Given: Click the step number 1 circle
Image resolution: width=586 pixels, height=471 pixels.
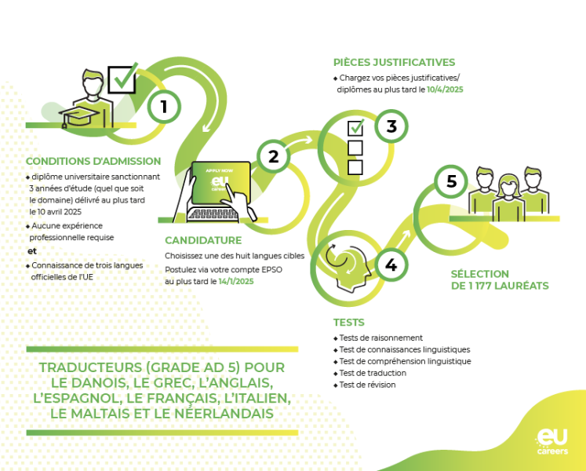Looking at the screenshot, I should (x=164, y=107).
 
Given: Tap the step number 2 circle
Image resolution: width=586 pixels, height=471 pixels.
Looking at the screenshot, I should (x=273, y=156).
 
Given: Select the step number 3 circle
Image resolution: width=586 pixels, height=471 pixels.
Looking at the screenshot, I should (x=391, y=126).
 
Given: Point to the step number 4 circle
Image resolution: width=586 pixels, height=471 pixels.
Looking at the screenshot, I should (x=391, y=266).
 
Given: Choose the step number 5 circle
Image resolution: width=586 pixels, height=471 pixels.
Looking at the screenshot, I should (x=451, y=182).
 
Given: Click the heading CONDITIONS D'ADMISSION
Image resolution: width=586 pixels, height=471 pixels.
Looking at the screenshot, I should (x=93, y=162).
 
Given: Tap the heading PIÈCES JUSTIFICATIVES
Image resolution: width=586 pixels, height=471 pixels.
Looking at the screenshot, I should (x=394, y=63).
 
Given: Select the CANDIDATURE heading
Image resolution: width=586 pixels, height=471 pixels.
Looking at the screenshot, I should (x=203, y=240).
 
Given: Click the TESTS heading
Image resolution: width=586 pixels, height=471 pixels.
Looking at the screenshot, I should (x=348, y=323).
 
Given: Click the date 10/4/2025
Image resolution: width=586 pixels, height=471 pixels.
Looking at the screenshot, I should (x=445, y=90).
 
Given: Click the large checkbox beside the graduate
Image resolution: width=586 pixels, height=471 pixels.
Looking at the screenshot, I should (x=122, y=78).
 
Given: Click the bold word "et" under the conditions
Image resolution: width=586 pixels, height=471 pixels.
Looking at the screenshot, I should (x=32, y=251).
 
